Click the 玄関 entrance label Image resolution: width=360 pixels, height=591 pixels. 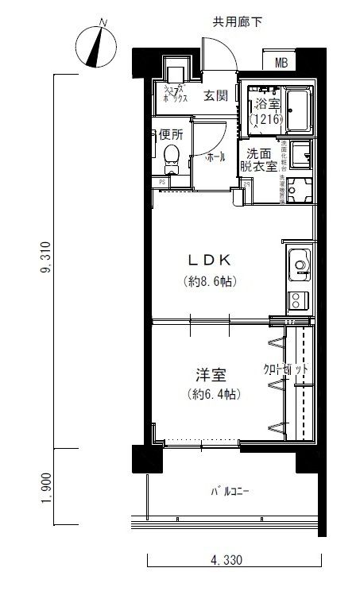[x=215, y=96]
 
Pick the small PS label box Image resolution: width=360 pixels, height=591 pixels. [x=162, y=182]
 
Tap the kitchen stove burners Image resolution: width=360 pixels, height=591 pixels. [x=300, y=300]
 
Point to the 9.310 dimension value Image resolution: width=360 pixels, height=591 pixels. [x=50, y=258]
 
